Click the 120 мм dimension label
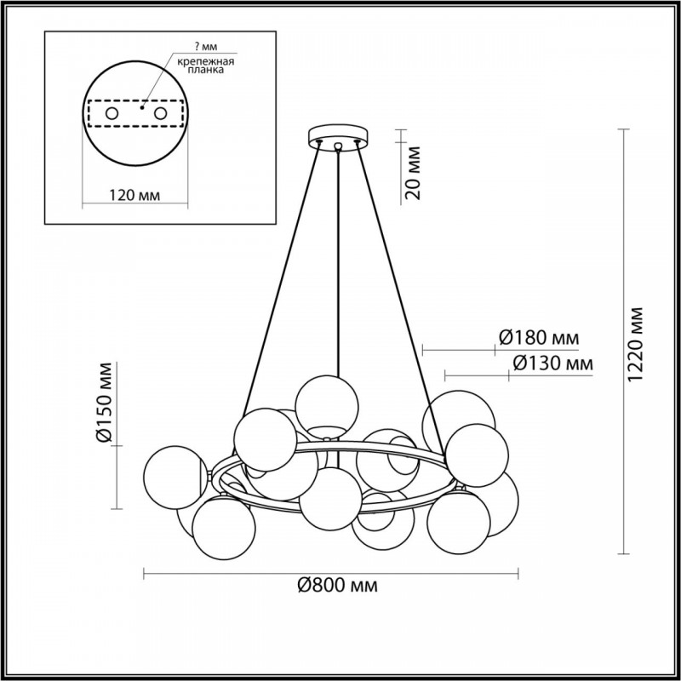pos(134,196)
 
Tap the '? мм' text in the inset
pos(206,47)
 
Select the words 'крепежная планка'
pos(206,66)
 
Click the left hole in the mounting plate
pos(112,114)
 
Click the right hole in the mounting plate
pos(161,114)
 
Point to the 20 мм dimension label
pos(414,173)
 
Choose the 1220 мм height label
pos(637,345)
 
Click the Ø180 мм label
pos(539,337)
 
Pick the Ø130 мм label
pos(552,363)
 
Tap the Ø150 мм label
pos(105,402)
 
